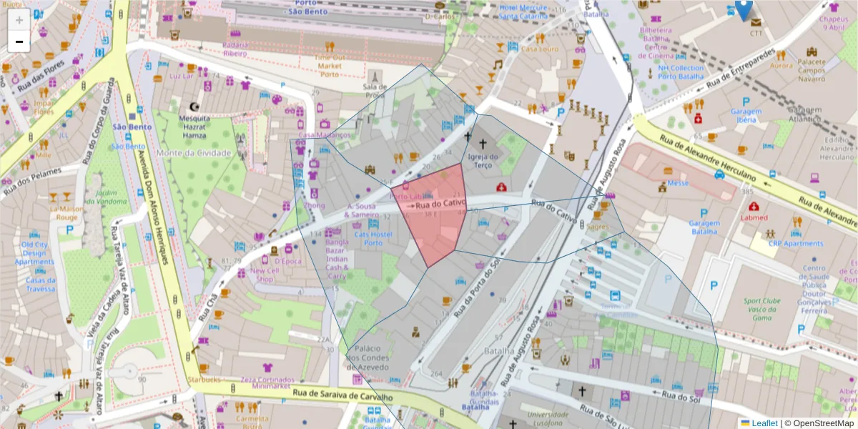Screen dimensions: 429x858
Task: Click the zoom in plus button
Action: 19,20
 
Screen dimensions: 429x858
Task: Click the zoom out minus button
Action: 19,41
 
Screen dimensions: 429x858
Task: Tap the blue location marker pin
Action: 744,10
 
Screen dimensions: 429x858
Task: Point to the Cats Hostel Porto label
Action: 373,238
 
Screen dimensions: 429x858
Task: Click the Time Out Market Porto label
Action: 329,66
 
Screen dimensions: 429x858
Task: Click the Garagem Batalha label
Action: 704,227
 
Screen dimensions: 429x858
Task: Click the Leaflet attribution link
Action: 764,423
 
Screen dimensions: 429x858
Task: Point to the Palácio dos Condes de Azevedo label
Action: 368,357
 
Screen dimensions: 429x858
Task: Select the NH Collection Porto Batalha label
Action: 681,72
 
